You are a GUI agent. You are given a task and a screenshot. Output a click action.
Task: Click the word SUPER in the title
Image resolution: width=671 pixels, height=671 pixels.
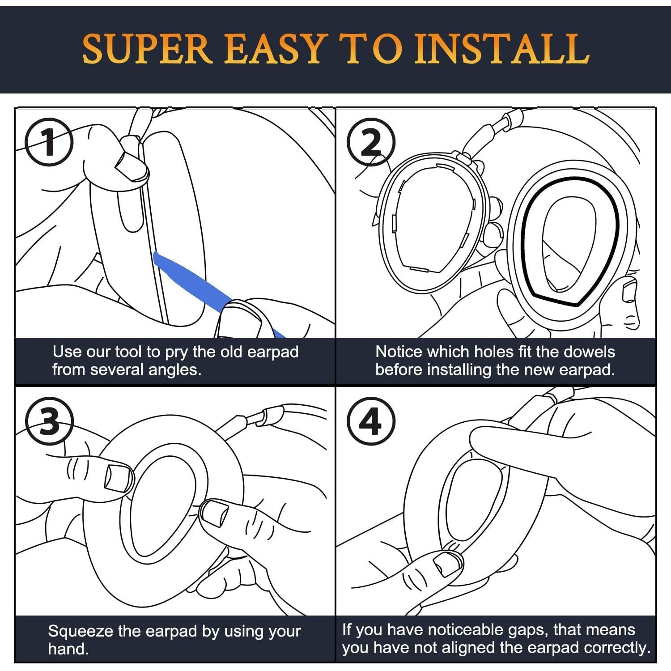[x=147, y=49]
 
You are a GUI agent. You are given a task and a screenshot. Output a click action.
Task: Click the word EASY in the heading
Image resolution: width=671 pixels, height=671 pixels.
[x=274, y=49]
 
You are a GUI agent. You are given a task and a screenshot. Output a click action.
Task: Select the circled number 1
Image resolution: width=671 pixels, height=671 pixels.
[x=48, y=142]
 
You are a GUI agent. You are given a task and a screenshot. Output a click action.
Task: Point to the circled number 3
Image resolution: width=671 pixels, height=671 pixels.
[x=49, y=421]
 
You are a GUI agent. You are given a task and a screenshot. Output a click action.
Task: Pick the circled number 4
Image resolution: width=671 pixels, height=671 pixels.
[x=371, y=421]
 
